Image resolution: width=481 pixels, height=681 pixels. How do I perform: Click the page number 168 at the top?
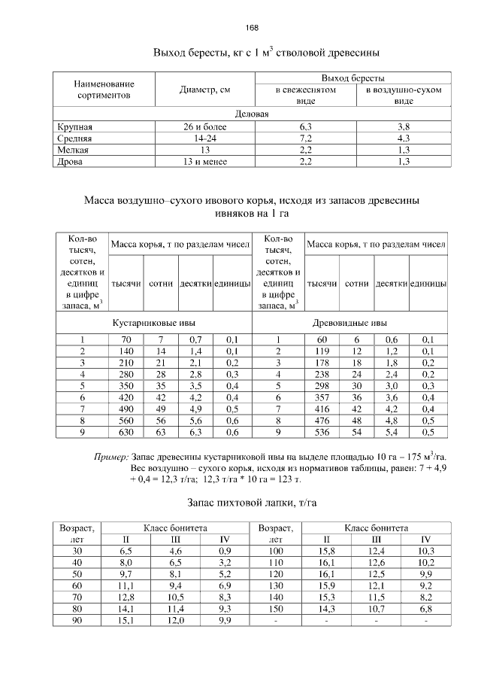click(251, 28)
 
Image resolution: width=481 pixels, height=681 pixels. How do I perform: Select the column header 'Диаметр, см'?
click(205, 90)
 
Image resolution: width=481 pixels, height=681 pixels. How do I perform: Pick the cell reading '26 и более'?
click(205, 127)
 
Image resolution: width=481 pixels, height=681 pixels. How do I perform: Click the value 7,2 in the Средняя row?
click(305, 138)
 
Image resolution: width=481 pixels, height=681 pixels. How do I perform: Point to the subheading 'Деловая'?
click(252, 114)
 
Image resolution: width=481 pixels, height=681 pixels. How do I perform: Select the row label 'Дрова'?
click(70, 161)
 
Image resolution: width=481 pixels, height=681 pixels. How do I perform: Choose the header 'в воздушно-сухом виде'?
click(403, 95)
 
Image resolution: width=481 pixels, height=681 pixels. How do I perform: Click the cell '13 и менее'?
click(205, 161)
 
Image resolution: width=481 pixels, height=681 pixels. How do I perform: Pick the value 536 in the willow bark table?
click(322, 433)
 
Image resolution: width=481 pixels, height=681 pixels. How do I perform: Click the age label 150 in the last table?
click(277, 609)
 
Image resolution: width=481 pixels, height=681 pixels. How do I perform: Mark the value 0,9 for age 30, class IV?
click(224, 552)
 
